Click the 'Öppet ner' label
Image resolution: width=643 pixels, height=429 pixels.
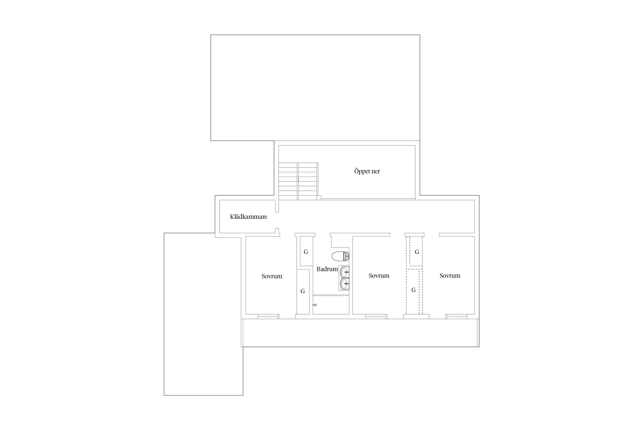(367, 171)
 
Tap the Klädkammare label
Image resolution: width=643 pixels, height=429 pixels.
(248, 217)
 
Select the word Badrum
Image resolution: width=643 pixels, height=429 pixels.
(327, 269)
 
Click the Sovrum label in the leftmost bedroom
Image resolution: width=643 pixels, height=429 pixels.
(272, 276)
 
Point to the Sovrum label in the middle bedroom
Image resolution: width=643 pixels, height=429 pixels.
(379, 276)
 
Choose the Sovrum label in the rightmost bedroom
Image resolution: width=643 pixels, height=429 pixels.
(450, 276)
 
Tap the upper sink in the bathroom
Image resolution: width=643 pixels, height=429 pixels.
(345, 272)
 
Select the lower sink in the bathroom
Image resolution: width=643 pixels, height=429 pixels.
(345, 284)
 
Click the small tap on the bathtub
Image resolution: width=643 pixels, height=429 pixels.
(315, 305)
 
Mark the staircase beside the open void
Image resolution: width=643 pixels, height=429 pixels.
(298, 181)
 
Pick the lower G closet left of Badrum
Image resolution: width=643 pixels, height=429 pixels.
(303, 291)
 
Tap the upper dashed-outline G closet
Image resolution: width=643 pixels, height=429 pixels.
(416, 251)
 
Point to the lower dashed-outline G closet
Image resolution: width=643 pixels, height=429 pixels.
(413, 291)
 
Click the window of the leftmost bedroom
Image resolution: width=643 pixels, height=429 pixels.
(268, 316)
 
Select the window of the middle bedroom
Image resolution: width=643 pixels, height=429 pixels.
(376, 316)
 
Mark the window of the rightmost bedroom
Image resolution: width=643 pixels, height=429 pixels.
(456, 316)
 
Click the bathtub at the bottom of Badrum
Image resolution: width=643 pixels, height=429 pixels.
(331, 305)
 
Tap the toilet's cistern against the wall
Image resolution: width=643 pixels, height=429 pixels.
(347, 256)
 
